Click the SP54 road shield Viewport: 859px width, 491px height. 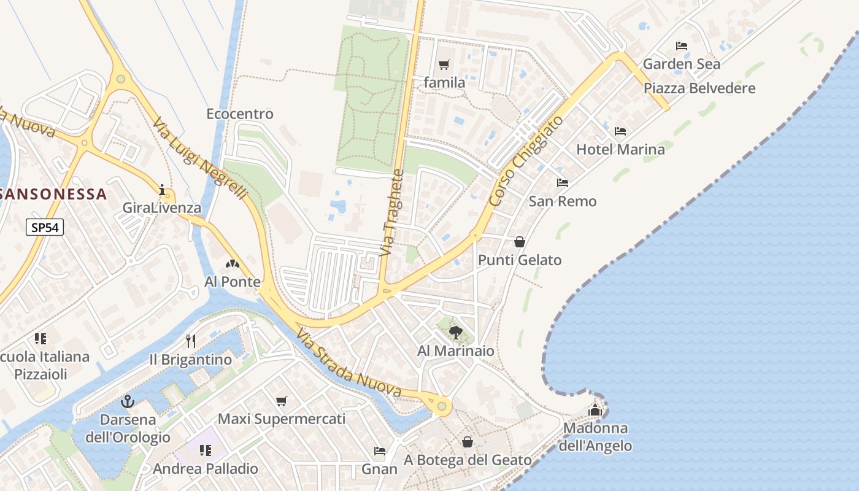(45, 228)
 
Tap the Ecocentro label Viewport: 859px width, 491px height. (240, 114)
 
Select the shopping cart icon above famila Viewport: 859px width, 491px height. (444, 64)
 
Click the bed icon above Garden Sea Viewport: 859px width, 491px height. (681, 45)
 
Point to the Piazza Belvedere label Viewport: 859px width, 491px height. (699, 88)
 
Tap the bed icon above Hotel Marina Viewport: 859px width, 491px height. (620, 131)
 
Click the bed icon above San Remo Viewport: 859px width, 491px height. (562, 183)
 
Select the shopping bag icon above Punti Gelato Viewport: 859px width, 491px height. (520, 242)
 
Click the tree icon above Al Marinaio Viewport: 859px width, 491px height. (455, 333)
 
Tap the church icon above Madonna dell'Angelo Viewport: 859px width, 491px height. (595, 410)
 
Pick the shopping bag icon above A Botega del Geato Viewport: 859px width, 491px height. (468, 442)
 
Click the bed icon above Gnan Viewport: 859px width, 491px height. (380, 451)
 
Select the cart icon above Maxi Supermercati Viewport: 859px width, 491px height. (282, 401)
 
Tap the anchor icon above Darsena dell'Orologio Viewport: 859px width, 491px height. (128, 402)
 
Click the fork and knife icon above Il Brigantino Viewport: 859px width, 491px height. (191, 341)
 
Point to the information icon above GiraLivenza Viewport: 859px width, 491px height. (162, 190)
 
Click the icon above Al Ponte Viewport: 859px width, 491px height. (233, 265)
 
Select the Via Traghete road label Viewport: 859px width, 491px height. (393, 213)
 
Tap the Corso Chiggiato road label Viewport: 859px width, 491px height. (526, 161)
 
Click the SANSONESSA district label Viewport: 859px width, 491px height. (53, 195)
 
